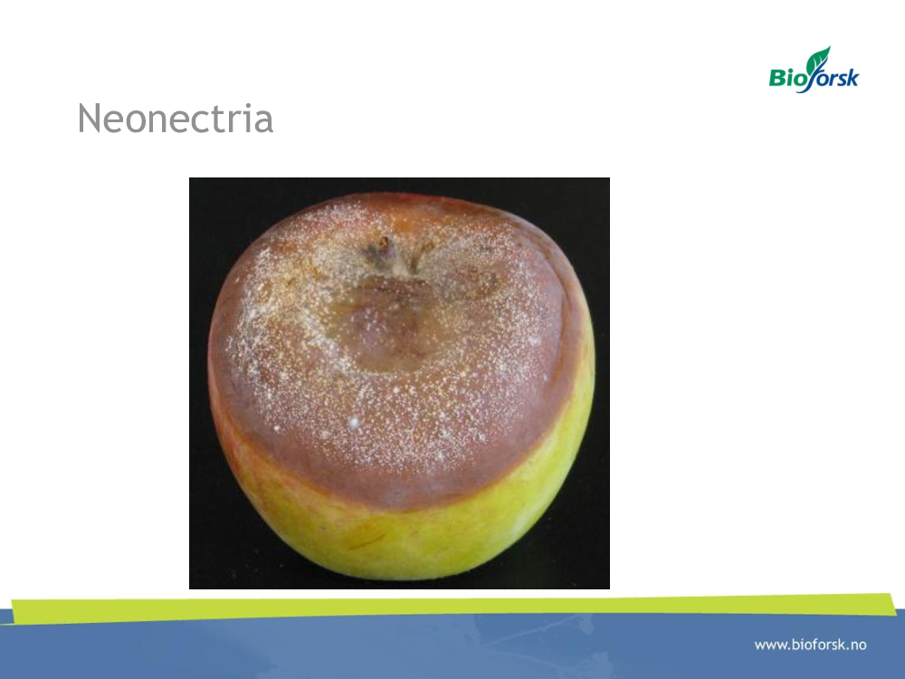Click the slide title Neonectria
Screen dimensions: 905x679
pyautogui.click(x=176, y=119)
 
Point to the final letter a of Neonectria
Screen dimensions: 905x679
pyautogui.click(x=263, y=122)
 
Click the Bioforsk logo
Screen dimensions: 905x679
pyautogui.click(x=814, y=70)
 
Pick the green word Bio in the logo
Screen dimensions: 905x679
pyautogui.click(x=786, y=76)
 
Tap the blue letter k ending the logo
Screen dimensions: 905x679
pyautogui.click(x=852, y=76)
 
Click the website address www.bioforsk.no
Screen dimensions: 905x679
pyautogui.click(x=810, y=645)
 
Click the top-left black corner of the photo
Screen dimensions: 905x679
pyautogui.click(x=190, y=178)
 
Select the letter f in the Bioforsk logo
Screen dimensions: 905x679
pyautogui.click(x=815, y=79)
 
